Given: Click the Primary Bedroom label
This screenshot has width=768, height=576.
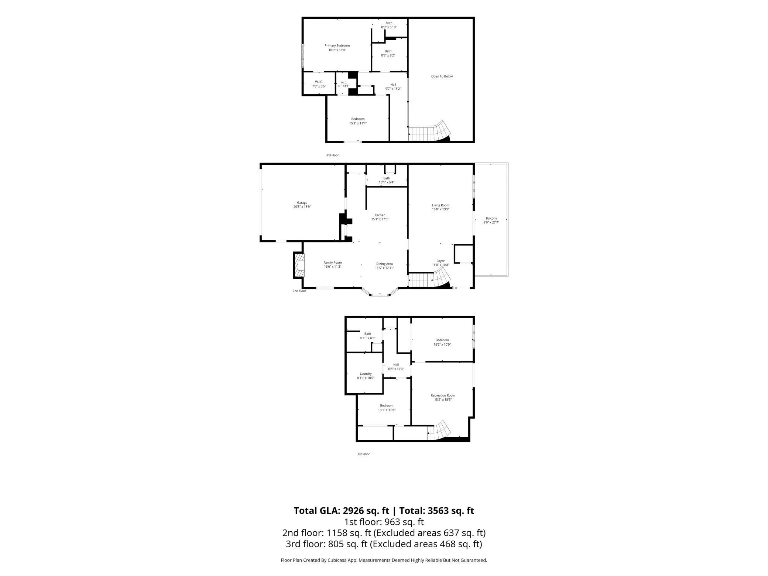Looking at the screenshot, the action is (337, 46).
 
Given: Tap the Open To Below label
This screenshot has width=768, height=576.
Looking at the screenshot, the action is (442, 76).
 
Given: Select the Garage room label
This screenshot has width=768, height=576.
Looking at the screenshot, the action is (302, 203).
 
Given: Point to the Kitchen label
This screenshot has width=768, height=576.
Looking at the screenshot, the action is (380, 215).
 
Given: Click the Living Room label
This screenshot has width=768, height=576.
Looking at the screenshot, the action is (440, 205).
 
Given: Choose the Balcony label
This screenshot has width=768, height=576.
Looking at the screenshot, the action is (491, 219).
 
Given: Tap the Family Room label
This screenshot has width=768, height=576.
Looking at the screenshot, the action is (332, 263).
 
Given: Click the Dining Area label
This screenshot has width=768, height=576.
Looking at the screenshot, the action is (384, 264).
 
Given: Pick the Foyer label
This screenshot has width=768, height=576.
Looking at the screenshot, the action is (440, 261).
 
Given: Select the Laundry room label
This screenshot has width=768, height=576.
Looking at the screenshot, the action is (366, 374).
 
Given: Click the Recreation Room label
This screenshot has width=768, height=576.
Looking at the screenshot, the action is (443, 395).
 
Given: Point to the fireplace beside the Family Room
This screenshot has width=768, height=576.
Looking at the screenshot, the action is (298, 265).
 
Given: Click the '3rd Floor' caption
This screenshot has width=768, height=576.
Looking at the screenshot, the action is (332, 155).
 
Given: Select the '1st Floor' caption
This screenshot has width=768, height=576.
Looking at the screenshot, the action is (363, 454).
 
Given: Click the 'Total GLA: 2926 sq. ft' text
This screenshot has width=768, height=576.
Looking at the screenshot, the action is (341, 511).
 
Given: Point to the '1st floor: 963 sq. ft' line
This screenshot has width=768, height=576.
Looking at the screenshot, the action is (384, 522).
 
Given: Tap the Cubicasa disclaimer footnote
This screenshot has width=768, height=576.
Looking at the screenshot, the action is (384, 560).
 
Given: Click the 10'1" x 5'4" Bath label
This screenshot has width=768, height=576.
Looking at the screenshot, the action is (387, 180).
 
